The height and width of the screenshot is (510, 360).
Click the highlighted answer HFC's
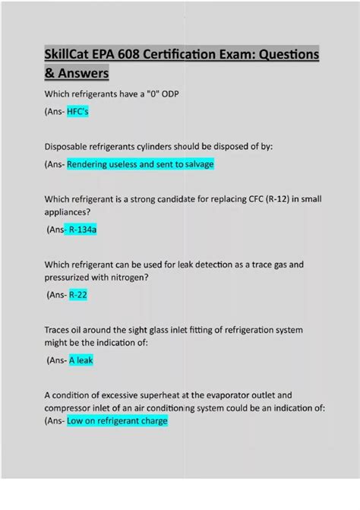[x=79, y=112]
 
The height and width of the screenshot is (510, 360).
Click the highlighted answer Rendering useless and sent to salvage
[x=141, y=164]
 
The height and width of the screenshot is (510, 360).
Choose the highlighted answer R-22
[x=77, y=295]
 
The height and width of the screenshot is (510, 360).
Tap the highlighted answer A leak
[x=81, y=360]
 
